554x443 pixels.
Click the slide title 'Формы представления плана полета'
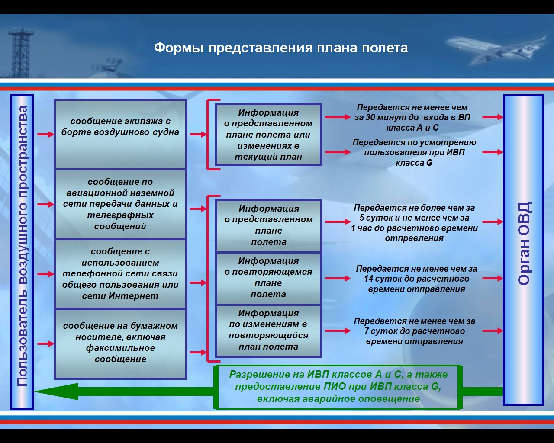(x=281, y=48)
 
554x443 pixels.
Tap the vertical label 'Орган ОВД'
(x=524, y=244)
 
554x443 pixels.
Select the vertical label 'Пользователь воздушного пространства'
(x=22, y=246)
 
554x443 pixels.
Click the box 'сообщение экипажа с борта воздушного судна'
(x=120, y=134)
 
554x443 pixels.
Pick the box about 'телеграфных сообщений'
(x=120, y=204)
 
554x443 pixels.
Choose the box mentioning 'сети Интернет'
(x=120, y=274)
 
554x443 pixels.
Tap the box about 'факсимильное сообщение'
(x=120, y=344)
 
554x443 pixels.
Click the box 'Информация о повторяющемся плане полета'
(x=268, y=278)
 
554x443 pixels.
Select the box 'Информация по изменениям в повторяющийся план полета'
(x=268, y=331)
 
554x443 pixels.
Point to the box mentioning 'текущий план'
(x=268, y=135)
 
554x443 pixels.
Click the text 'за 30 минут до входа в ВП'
(x=412, y=117)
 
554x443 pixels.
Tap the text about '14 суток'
(x=416, y=279)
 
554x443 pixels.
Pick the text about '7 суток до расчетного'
(x=415, y=331)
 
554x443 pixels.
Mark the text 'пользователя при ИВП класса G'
(x=414, y=157)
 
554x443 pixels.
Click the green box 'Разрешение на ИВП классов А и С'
(x=338, y=387)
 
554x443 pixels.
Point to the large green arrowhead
(x=57, y=392)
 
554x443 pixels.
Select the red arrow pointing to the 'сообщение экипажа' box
(x=45, y=134)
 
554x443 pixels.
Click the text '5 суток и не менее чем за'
(x=414, y=218)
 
